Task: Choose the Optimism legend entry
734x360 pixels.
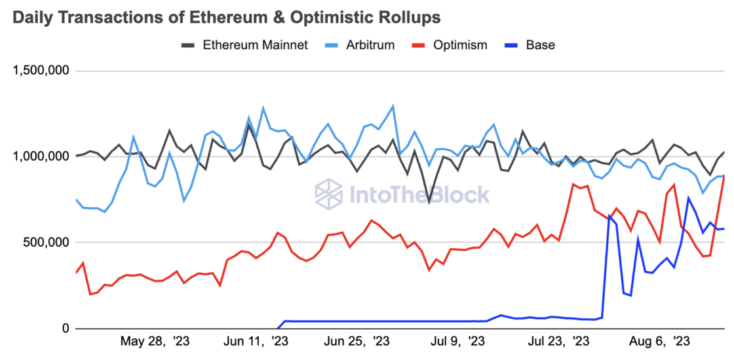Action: tap(459, 45)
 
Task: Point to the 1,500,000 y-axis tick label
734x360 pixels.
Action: tap(41, 71)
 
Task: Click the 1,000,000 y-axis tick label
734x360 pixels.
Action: tap(41, 156)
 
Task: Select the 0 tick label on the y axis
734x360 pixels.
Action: tap(65, 329)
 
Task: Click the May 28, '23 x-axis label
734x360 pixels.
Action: tap(156, 342)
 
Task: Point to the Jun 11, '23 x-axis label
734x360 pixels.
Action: tap(256, 342)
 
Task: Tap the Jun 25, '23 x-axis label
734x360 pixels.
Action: tap(356, 342)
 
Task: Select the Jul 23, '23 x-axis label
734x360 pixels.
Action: tap(558, 342)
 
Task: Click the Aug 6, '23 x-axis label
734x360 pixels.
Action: tap(659, 342)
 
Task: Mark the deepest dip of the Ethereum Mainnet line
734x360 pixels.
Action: tap(429, 202)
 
